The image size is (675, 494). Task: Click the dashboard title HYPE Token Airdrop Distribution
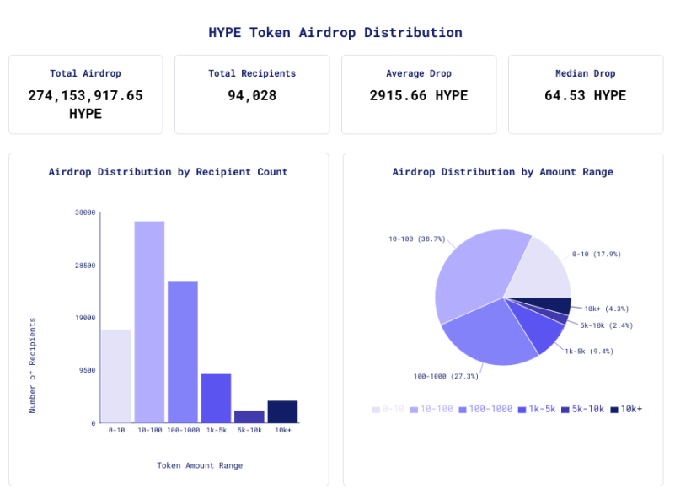[x=335, y=33]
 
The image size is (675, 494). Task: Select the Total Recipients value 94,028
[x=252, y=96]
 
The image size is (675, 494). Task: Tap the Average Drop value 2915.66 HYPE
[x=418, y=96]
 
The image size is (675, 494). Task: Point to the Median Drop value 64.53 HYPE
[x=585, y=96]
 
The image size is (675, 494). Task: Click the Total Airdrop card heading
[x=85, y=73]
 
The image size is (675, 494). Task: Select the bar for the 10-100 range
[x=149, y=321]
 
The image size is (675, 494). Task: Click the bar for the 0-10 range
[x=116, y=376]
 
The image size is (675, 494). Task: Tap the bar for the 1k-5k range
[x=216, y=398]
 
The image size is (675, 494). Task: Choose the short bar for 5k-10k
[x=249, y=416]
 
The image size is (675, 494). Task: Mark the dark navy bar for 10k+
[x=282, y=411]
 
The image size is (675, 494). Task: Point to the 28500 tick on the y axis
[x=85, y=266]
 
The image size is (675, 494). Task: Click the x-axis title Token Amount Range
[x=200, y=465]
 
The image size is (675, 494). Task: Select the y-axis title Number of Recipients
[x=33, y=365]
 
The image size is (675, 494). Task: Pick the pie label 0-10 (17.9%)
[x=596, y=254]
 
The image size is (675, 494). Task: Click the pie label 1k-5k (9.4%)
[x=589, y=351]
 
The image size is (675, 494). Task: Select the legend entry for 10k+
[x=626, y=409]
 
